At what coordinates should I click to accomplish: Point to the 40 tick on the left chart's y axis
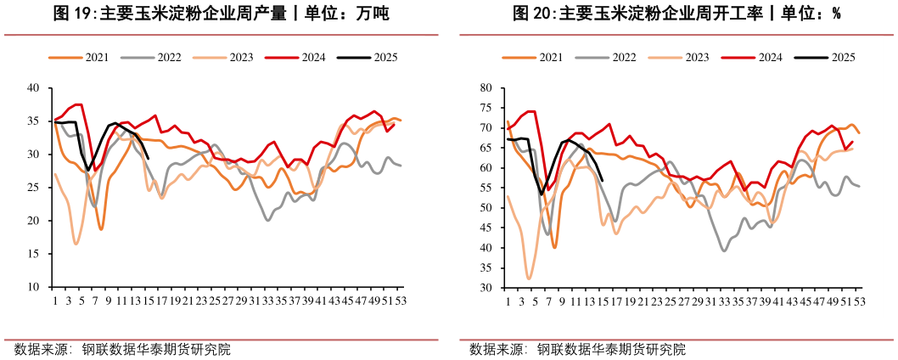[33, 87]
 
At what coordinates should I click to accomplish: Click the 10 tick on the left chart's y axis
[33, 287]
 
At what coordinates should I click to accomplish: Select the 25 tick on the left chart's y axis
[33, 188]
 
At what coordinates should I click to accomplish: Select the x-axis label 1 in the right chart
[508, 301]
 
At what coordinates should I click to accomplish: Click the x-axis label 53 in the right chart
[859, 301]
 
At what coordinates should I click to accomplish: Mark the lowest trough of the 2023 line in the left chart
[76, 244]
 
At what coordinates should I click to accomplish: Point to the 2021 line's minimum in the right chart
[554, 247]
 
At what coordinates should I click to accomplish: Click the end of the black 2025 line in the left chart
[149, 158]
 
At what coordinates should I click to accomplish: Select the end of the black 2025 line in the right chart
[602, 180]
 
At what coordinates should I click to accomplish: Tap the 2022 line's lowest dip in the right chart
[724, 250]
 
